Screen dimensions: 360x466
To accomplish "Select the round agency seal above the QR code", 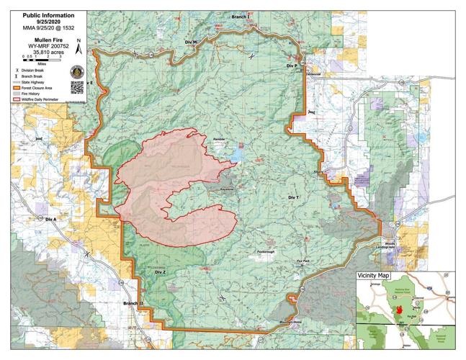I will point(78,71).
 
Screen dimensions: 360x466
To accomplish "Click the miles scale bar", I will point(40,59).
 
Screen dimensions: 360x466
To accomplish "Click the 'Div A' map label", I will point(50,218).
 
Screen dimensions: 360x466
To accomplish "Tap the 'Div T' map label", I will point(292,197).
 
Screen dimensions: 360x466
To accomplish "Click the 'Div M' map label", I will point(191,42).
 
